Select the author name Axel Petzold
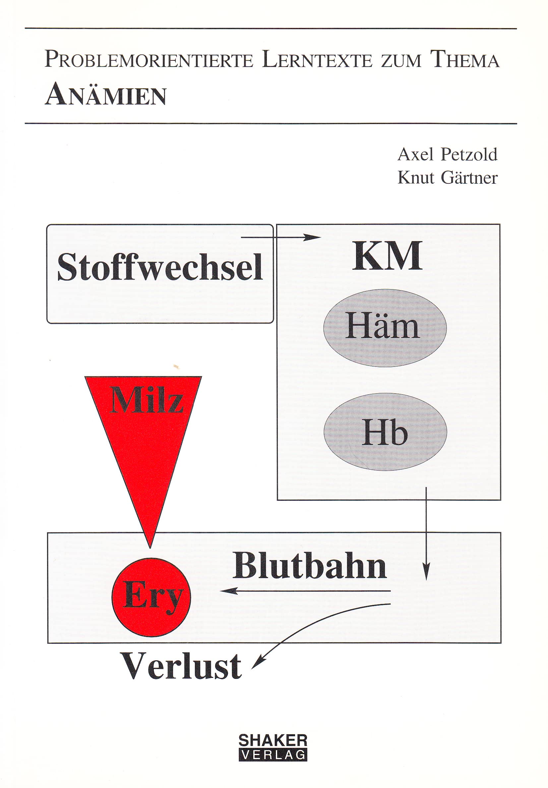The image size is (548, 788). [x=448, y=155]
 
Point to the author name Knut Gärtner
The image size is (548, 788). [x=448, y=177]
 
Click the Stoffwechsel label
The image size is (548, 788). [x=160, y=267]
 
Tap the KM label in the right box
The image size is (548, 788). [x=388, y=256]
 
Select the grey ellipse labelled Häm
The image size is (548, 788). [x=385, y=328]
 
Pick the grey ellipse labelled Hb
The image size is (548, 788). [x=385, y=432]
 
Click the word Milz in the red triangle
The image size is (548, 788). [x=147, y=400]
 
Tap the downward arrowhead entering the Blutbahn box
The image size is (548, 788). [x=426, y=571]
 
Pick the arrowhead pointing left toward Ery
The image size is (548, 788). [x=229, y=591]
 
